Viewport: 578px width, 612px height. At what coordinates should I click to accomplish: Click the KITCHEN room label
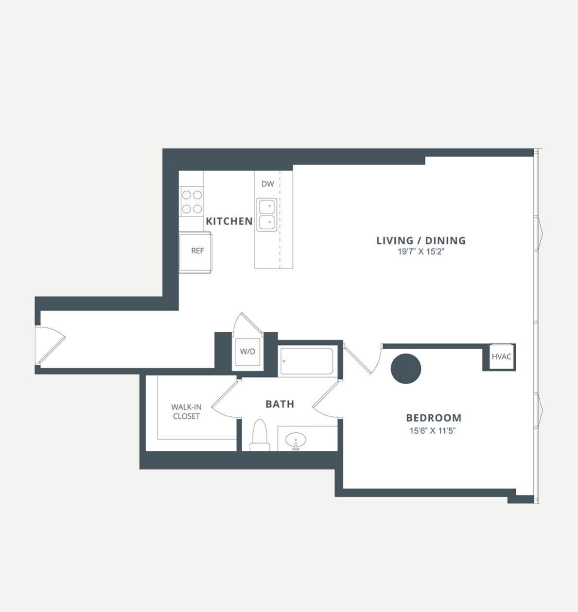(x=229, y=221)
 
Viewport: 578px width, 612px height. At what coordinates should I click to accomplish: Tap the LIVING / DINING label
(x=421, y=240)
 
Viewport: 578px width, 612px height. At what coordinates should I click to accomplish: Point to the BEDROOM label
(x=434, y=418)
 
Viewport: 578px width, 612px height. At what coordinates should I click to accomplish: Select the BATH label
(x=280, y=404)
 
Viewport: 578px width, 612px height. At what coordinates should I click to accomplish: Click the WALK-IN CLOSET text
(x=186, y=411)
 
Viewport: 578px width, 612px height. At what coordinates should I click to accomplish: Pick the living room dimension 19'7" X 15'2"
(x=421, y=252)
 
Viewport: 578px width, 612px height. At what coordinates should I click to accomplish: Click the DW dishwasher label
(x=268, y=184)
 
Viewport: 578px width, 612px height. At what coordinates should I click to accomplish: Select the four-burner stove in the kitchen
(x=191, y=202)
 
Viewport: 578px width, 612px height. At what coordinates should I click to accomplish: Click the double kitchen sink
(x=266, y=215)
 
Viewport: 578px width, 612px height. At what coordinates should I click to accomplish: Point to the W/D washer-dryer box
(x=247, y=352)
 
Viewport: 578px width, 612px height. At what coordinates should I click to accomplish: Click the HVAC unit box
(x=501, y=357)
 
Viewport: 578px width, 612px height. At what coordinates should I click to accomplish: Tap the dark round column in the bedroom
(x=406, y=369)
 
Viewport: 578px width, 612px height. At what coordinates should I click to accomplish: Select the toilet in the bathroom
(x=260, y=435)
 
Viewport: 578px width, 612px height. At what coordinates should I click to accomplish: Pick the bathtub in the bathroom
(x=306, y=361)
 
